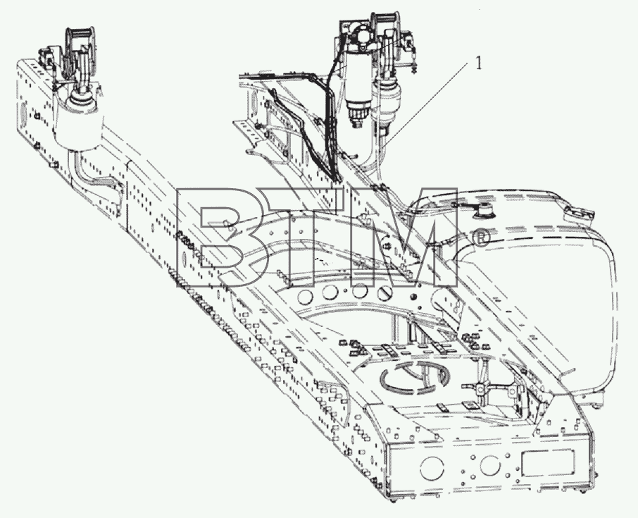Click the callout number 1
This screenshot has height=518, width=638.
(x=479, y=63)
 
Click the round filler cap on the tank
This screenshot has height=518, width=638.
(x=484, y=211)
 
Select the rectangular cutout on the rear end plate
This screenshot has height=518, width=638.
(x=549, y=464)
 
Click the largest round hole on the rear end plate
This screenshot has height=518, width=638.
(x=432, y=469)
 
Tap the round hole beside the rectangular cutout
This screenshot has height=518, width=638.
(x=491, y=464)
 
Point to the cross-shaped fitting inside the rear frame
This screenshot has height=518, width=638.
(x=481, y=388)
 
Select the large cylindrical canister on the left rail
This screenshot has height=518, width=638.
(x=77, y=123)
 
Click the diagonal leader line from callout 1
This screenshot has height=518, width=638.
(x=428, y=101)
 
